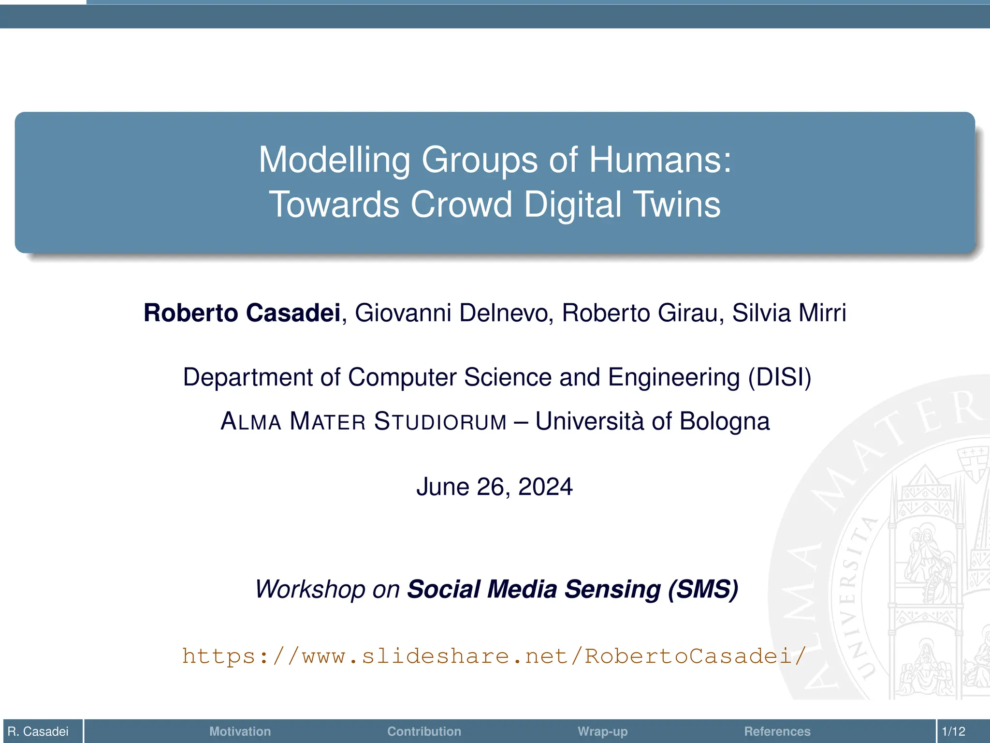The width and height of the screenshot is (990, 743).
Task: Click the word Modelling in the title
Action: pyautogui.click(x=334, y=160)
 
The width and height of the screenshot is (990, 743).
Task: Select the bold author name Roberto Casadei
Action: pyautogui.click(x=242, y=313)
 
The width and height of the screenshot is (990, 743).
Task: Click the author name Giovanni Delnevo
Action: pyautogui.click(x=454, y=313)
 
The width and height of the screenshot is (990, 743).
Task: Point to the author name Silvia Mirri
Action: pyautogui.click(x=789, y=313)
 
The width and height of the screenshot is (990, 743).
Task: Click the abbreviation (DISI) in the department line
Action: pyautogui.click(x=779, y=377)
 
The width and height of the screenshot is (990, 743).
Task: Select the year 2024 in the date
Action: pyautogui.click(x=545, y=487)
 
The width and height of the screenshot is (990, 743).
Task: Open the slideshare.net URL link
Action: pyautogui.click(x=494, y=656)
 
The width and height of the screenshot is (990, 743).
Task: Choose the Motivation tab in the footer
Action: pyautogui.click(x=240, y=731)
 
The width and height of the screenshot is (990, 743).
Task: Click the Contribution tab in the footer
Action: pyautogui.click(x=424, y=731)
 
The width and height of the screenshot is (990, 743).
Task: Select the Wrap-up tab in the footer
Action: pyautogui.click(x=602, y=731)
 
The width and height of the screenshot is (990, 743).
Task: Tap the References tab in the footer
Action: pyautogui.click(x=777, y=731)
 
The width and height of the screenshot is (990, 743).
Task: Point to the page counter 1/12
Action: pyautogui.click(x=953, y=731)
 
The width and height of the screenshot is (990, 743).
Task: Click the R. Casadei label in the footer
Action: pyautogui.click(x=38, y=731)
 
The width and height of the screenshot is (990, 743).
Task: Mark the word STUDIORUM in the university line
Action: pyautogui.click(x=440, y=421)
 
